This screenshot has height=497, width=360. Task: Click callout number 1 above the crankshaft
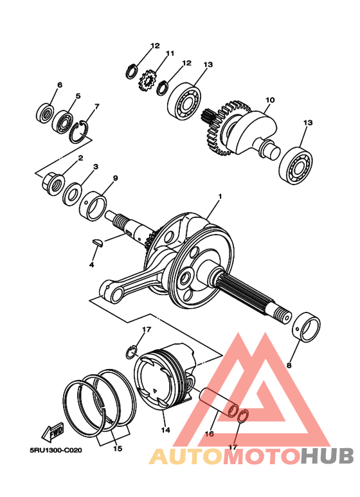click(x=219, y=196)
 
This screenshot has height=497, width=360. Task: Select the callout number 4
click(x=92, y=264)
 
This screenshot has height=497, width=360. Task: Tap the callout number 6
click(x=60, y=85)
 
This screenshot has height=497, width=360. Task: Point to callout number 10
click(x=270, y=100)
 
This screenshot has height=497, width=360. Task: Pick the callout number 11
click(x=170, y=53)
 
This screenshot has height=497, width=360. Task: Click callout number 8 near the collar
click(x=288, y=365)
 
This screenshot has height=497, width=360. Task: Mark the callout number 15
click(x=116, y=448)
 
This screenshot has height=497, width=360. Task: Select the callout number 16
click(x=210, y=434)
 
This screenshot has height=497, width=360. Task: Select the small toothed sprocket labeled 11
click(x=147, y=80)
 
